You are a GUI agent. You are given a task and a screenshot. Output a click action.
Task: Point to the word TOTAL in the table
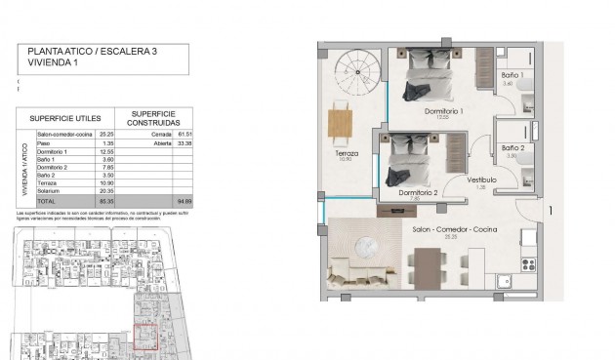pos(47,200)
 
